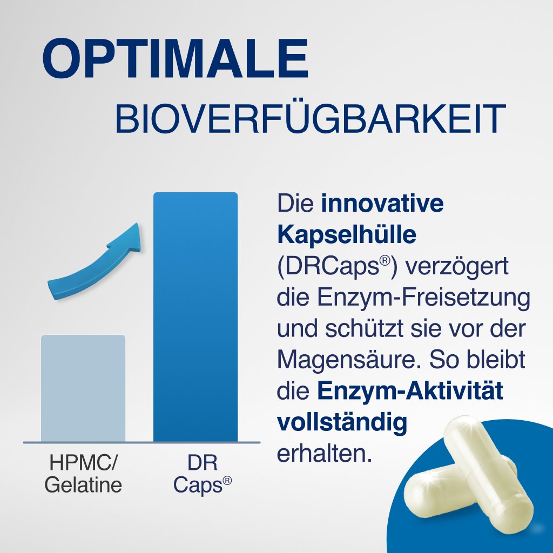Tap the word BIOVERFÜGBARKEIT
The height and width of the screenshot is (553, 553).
[x=310, y=120]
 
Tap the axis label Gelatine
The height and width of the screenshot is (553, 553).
[x=83, y=485]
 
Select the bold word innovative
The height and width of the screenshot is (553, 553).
[x=382, y=204]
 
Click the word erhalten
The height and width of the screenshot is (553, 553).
[x=325, y=454]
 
